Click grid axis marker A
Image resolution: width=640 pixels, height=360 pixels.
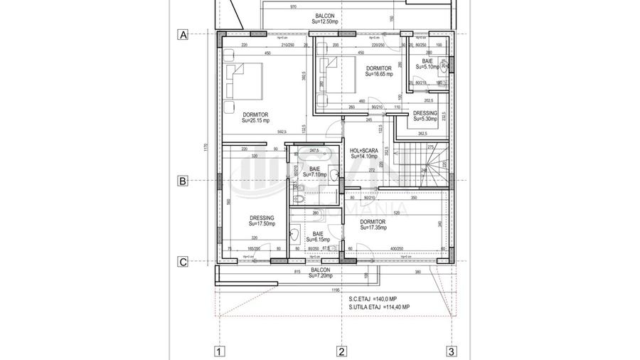[x=183, y=34]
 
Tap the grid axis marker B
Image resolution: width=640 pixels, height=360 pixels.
[x=183, y=181]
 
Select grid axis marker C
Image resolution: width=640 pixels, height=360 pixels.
[x=183, y=262]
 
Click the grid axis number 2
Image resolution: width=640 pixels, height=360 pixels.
[x=341, y=350]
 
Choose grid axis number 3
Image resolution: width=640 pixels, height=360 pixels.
[x=451, y=350]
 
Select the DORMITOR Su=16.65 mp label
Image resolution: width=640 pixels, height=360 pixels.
[x=379, y=70]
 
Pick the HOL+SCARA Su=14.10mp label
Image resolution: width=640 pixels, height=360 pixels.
[x=363, y=153]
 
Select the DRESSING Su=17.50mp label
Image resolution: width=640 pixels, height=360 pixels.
[x=262, y=221]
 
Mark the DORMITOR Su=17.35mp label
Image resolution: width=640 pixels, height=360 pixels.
[x=373, y=225]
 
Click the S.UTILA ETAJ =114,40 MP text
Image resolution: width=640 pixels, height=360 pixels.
[x=379, y=307]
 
